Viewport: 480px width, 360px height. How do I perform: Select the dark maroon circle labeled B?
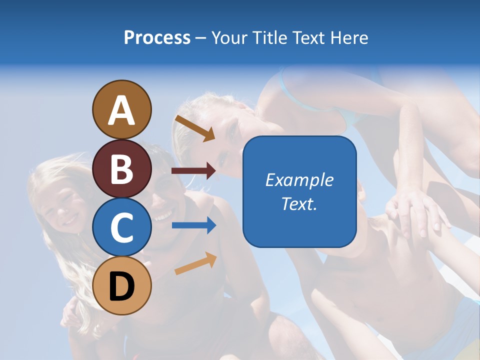tap(121, 168)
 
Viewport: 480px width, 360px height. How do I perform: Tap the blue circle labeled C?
tap(121, 227)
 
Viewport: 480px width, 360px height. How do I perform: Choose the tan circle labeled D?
tap(121, 285)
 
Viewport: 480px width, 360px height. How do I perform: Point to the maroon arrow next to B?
tap(193, 171)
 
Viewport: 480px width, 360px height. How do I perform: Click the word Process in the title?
tap(157, 38)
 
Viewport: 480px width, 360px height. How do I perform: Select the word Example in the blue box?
tap(299, 180)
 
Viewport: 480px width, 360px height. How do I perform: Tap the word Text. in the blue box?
tap(299, 204)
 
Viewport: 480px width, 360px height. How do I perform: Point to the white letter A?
tap(121, 110)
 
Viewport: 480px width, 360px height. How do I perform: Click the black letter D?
tap(121, 287)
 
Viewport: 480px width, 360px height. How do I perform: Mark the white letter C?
tap(121, 228)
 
